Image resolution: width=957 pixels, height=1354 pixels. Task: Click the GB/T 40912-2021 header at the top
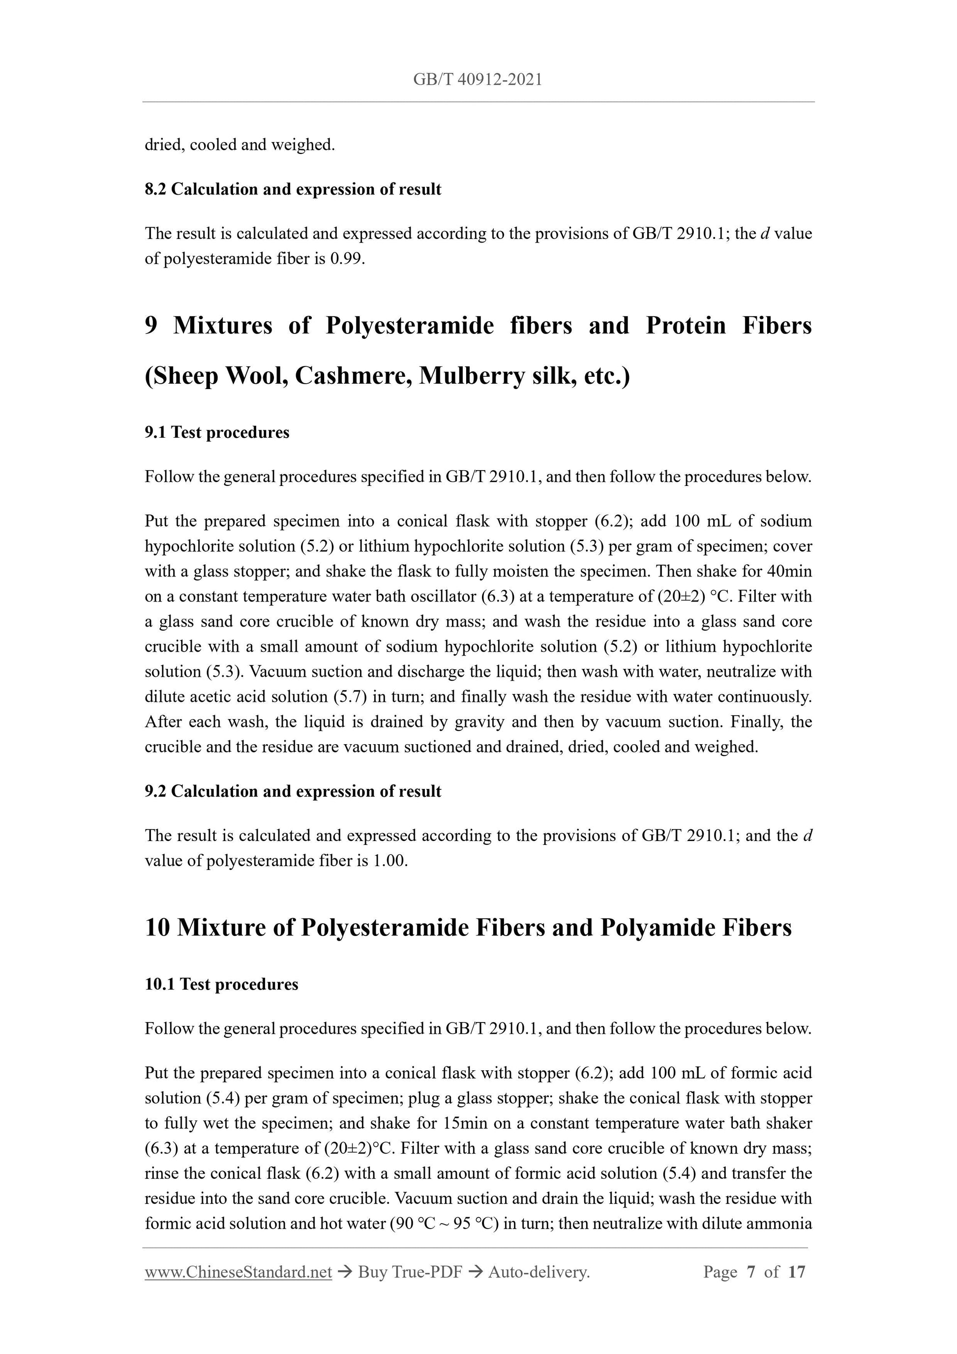point(478,80)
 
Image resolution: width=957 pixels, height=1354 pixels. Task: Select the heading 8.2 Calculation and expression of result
point(293,189)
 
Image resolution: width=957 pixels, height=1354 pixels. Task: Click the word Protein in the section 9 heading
point(685,326)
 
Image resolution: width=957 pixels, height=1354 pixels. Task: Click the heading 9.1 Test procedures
point(217,433)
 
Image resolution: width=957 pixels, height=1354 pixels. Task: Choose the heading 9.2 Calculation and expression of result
point(293,791)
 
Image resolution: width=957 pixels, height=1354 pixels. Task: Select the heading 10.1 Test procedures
point(221,985)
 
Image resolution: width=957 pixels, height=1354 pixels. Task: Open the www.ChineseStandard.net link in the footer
point(238,1273)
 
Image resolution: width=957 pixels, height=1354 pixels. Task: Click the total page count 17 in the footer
point(796,1273)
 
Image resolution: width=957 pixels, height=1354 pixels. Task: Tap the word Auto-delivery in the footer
point(538,1273)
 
